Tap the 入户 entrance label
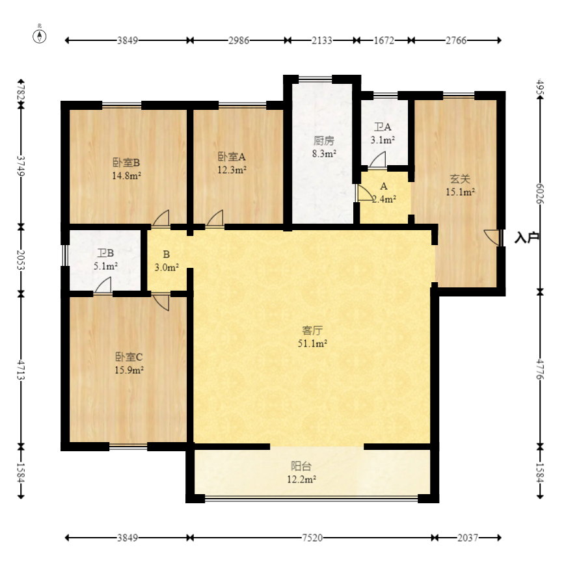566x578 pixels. pyautogui.click(x=527, y=238)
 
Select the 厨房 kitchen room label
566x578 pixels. pyautogui.click(x=324, y=141)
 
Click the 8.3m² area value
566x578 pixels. pyautogui.click(x=324, y=153)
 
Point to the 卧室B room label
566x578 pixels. pyautogui.click(x=126, y=163)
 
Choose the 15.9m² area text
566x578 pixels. pyautogui.click(x=129, y=370)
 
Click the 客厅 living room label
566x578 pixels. pyautogui.click(x=312, y=330)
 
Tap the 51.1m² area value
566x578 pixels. pyautogui.click(x=312, y=343)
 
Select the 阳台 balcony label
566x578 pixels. pyautogui.click(x=301, y=466)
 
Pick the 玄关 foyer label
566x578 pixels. pyautogui.click(x=460, y=179)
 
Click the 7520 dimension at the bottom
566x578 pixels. pyautogui.click(x=312, y=538)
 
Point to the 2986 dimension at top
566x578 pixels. pyautogui.click(x=239, y=40)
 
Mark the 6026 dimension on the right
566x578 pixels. pyautogui.click(x=540, y=194)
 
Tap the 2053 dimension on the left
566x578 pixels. pyautogui.click(x=21, y=260)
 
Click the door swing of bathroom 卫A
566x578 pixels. pyautogui.click(x=377, y=159)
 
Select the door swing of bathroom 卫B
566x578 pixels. pyautogui.click(x=103, y=285)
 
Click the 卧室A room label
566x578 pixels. pyautogui.click(x=232, y=157)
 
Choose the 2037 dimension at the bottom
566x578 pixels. pyautogui.click(x=468, y=538)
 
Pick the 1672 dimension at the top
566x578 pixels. pyautogui.click(x=384, y=40)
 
